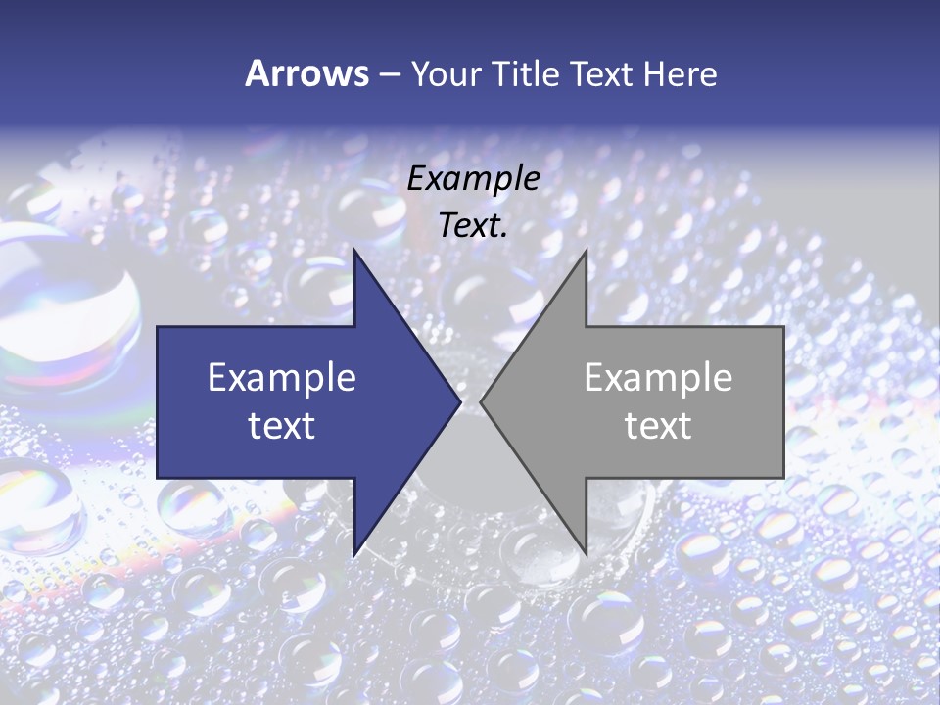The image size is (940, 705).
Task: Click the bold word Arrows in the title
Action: [306, 73]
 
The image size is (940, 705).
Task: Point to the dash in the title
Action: [390, 74]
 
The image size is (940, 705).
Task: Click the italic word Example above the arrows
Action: [473, 178]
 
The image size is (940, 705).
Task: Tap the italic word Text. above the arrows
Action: [473, 225]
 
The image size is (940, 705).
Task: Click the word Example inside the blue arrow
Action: [281, 378]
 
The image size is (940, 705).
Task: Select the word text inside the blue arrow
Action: [281, 426]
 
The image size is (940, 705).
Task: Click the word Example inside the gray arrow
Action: [658, 378]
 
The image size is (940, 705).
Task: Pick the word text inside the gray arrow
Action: [658, 426]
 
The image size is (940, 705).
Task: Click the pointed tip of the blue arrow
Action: [460, 401]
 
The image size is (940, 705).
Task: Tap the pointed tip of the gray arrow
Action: [481, 401]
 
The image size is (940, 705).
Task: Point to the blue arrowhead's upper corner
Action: [354, 251]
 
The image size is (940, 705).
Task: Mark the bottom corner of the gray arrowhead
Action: [586, 553]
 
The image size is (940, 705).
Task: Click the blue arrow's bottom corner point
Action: [354, 554]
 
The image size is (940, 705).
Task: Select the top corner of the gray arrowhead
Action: [586, 251]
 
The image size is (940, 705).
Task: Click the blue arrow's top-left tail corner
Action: [158, 327]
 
